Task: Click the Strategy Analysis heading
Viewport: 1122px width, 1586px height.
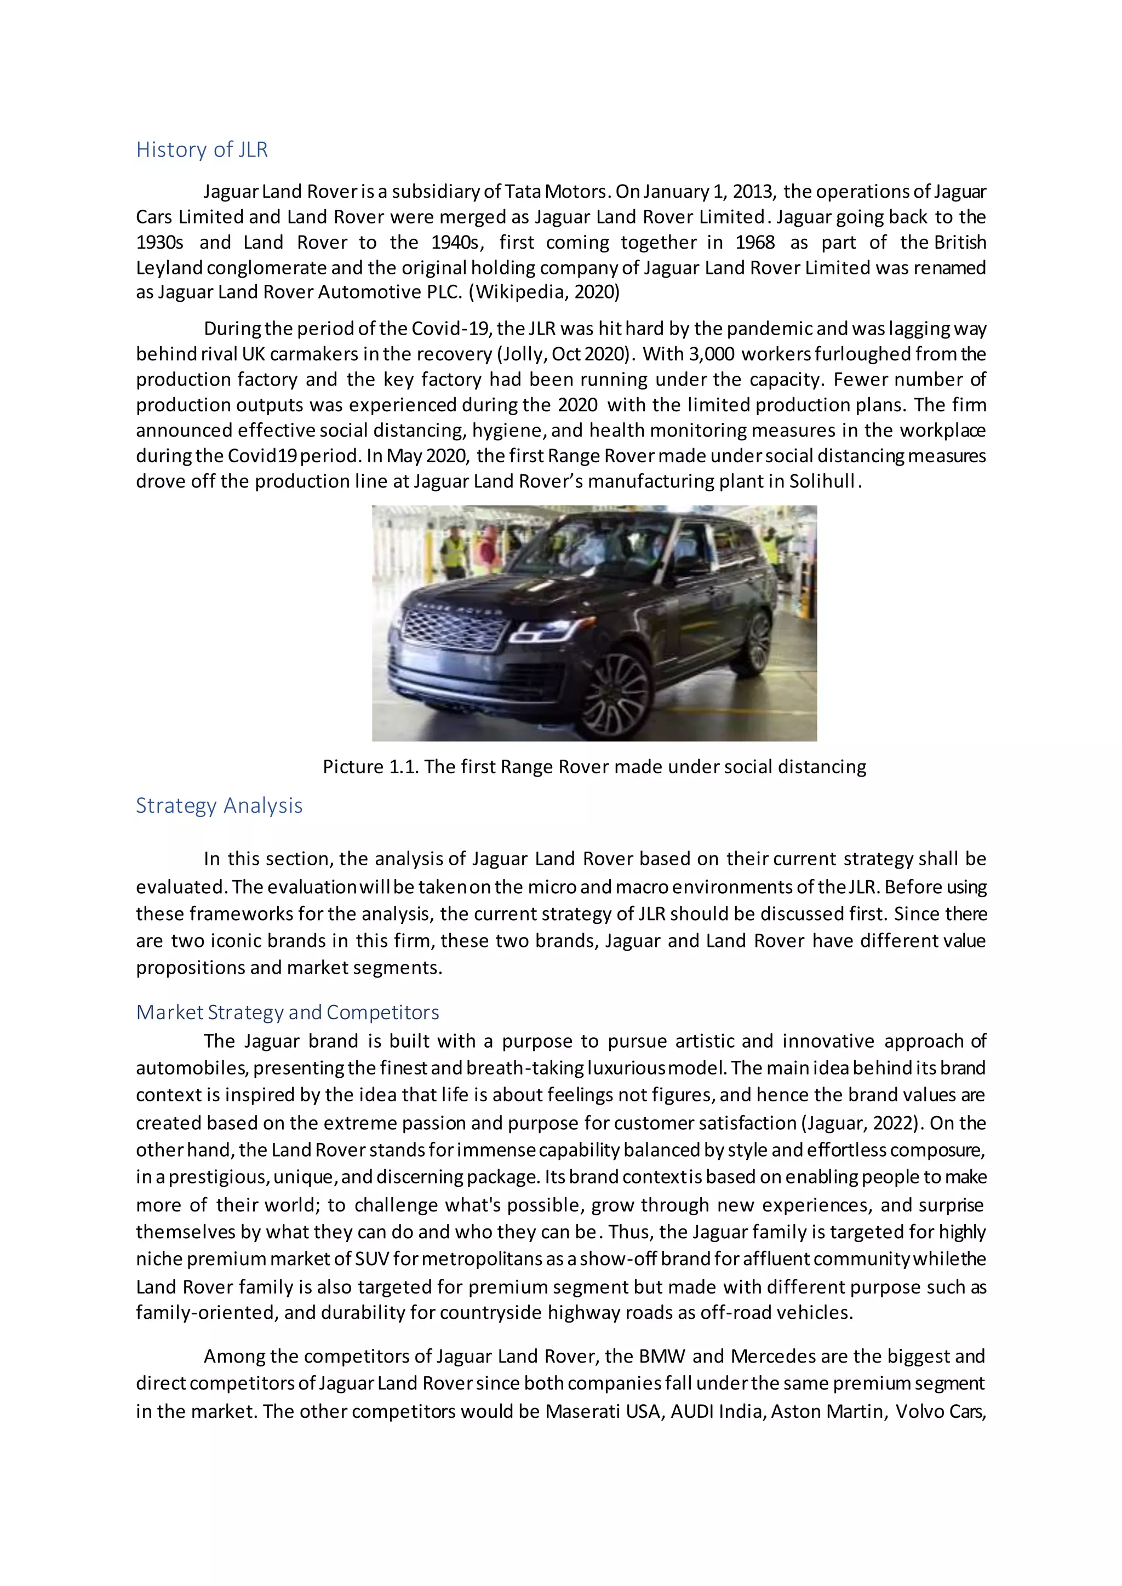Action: [x=219, y=806]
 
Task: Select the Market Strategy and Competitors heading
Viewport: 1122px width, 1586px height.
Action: [x=288, y=1012]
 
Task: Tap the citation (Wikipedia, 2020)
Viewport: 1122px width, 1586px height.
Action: [x=545, y=292]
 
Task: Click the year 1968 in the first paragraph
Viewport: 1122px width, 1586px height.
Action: [x=754, y=243]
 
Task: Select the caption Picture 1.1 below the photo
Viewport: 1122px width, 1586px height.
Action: [x=594, y=767]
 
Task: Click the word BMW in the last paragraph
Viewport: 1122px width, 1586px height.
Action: [x=662, y=1357]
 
